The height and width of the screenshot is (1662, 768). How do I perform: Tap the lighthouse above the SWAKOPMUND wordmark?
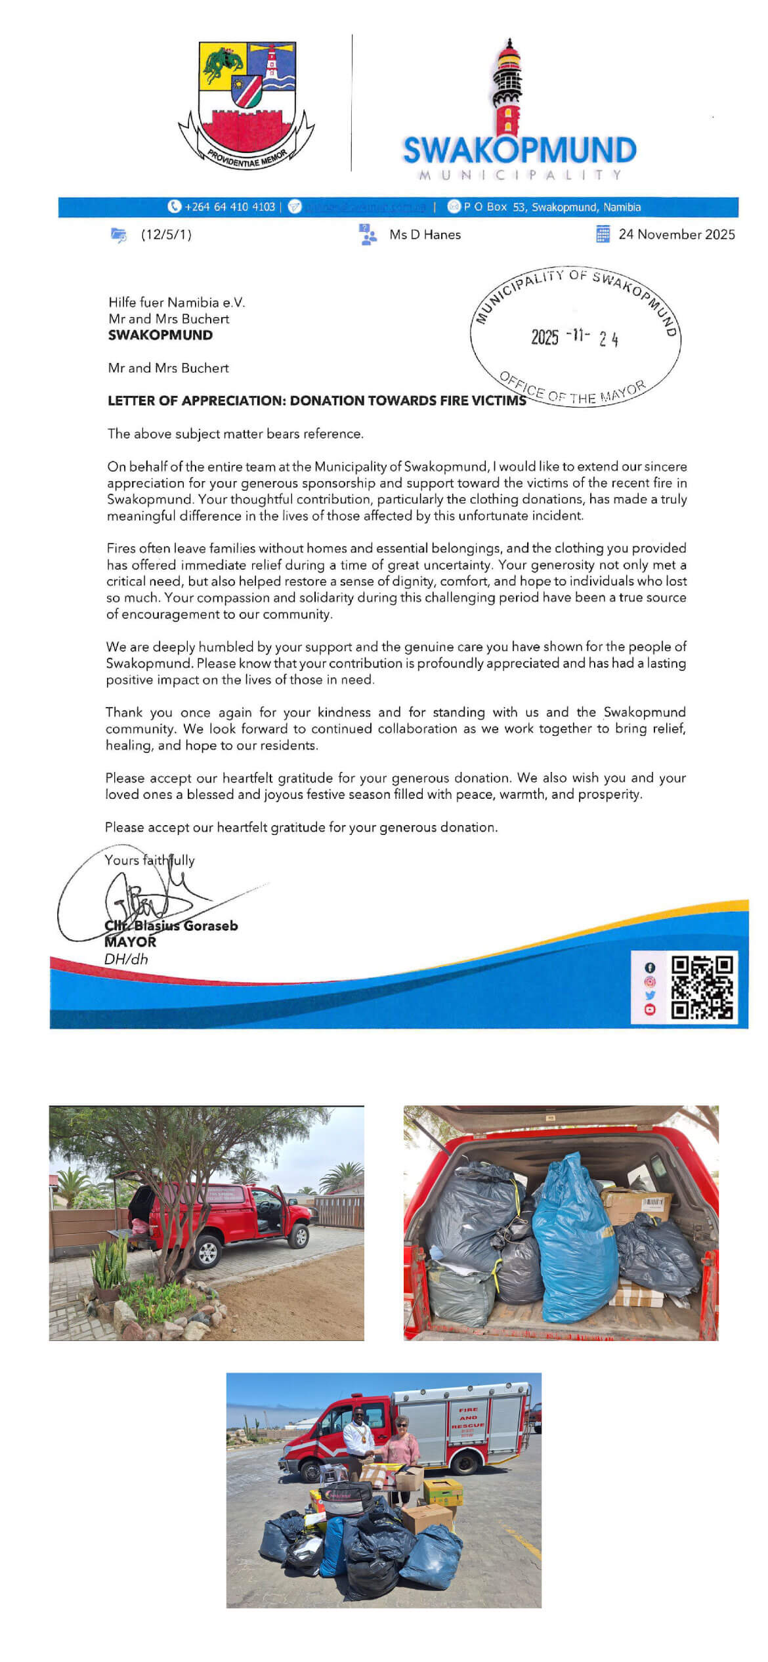coord(508,89)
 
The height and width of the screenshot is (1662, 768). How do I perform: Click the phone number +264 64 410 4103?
coord(229,207)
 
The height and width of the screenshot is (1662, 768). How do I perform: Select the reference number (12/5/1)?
coord(166,235)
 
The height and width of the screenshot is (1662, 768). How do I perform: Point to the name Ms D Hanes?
coord(425,235)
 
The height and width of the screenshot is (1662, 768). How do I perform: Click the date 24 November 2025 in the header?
coord(676,234)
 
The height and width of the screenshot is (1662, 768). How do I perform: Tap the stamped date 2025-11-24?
coord(574,337)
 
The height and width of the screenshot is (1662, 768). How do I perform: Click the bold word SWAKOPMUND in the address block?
coord(160,335)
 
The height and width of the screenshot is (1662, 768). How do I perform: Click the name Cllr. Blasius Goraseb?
coord(172,926)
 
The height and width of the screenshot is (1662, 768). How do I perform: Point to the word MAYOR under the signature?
coord(130,942)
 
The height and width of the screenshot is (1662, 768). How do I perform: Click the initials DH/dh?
coord(126,959)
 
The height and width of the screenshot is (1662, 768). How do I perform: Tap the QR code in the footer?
coord(701,987)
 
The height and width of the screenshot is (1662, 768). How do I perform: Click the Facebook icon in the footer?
coord(650,968)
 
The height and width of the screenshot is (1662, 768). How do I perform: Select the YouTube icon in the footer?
coord(650,1010)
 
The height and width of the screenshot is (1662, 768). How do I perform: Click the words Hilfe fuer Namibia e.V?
coord(176,303)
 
